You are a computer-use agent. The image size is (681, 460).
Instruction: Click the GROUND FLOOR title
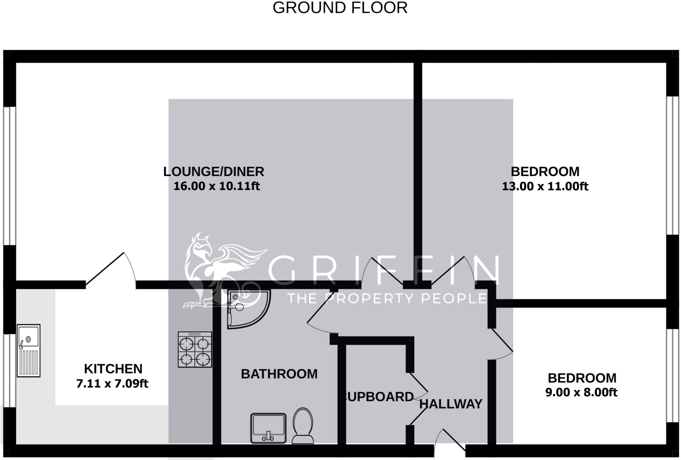click(x=340, y=8)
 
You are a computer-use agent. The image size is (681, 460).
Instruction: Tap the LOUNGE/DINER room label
click(x=213, y=172)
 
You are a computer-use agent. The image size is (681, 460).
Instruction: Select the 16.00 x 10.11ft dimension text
click(x=216, y=186)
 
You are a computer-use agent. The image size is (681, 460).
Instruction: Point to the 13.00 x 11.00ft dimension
click(x=545, y=186)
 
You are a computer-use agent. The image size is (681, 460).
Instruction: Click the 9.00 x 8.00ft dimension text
click(x=581, y=393)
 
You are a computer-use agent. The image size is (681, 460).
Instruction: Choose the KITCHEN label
click(x=113, y=369)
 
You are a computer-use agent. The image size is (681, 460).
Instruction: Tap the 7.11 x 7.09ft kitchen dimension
click(x=112, y=384)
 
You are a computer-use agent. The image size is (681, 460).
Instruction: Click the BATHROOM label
click(x=279, y=374)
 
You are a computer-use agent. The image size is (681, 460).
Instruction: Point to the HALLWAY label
click(x=451, y=404)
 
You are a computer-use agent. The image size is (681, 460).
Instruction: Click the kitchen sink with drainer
click(x=29, y=350)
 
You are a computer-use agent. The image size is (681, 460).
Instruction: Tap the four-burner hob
click(x=195, y=349)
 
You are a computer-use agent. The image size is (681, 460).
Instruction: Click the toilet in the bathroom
click(x=303, y=426)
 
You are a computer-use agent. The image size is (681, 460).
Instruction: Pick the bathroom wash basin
click(x=268, y=428)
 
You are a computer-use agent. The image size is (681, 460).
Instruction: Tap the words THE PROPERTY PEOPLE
click(x=387, y=298)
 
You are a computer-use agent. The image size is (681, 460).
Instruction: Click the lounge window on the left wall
click(x=10, y=176)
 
